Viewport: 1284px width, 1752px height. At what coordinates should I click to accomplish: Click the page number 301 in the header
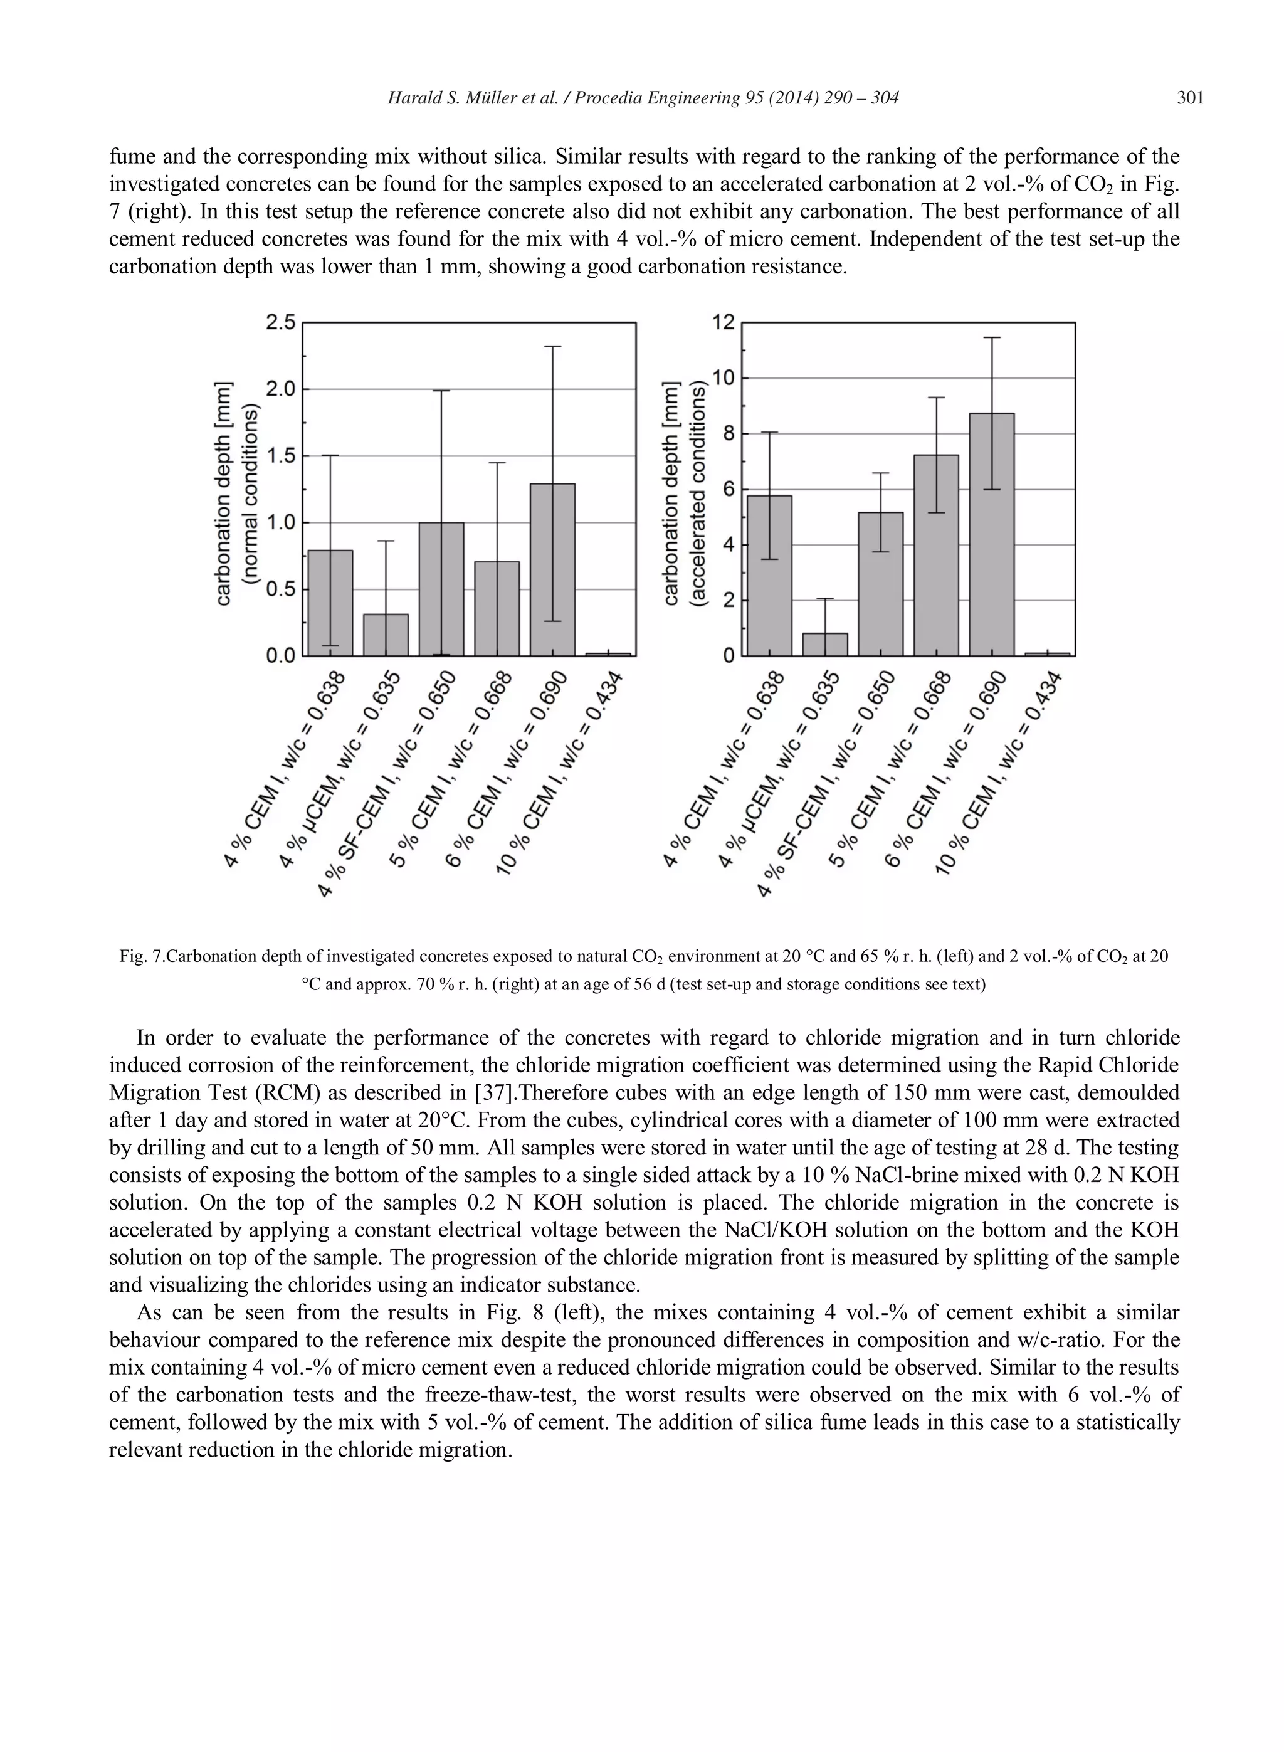point(1190,98)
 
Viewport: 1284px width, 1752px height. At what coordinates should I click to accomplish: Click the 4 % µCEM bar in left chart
point(386,635)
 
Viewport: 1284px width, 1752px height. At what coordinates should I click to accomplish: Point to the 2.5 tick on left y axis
point(281,322)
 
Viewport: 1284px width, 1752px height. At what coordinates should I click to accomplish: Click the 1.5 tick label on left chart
point(281,455)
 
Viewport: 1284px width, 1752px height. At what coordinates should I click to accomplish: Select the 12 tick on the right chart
point(723,322)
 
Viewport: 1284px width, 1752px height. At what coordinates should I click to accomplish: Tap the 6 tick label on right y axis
point(729,489)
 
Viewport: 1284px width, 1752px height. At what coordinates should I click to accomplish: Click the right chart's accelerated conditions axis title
point(698,493)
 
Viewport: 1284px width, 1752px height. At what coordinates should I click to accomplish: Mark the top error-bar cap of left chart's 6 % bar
point(552,347)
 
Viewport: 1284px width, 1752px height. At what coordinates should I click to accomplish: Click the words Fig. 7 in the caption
point(142,957)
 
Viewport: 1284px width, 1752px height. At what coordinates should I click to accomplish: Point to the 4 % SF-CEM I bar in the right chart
point(881,584)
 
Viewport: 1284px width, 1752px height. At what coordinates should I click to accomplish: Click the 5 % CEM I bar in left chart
point(497,609)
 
